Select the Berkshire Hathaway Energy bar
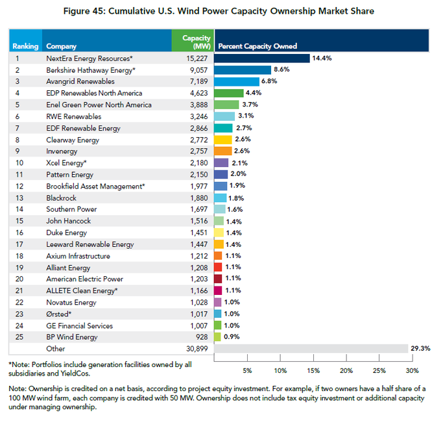click(243, 70)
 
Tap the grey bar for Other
click(311, 349)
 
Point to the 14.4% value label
click(322, 58)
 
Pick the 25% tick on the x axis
click(379, 370)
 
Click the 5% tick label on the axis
click(247, 370)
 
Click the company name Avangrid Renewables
click(80, 81)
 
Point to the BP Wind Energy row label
click(72, 337)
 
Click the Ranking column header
click(25, 46)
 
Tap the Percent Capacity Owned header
click(257, 46)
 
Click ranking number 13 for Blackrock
click(19, 198)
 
